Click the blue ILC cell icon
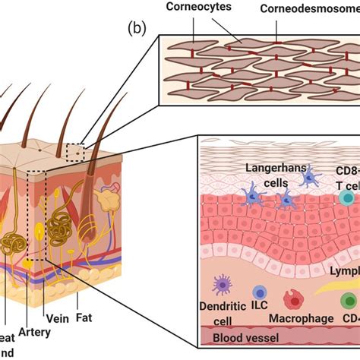tap(260, 292)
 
